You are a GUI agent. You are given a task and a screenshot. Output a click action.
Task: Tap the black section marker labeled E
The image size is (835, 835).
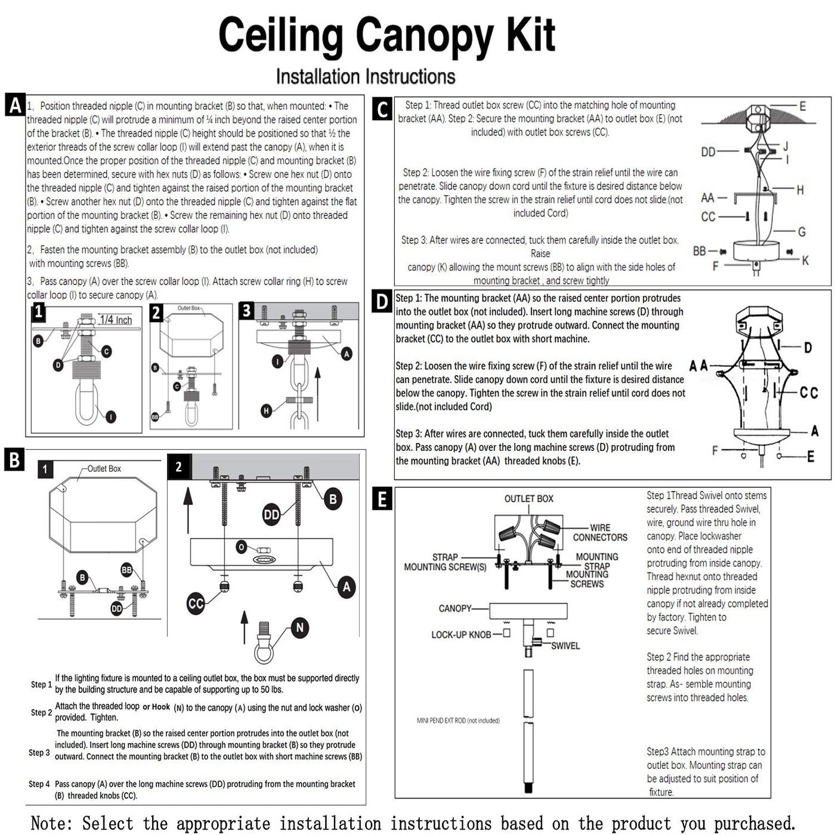pyautogui.click(x=382, y=498)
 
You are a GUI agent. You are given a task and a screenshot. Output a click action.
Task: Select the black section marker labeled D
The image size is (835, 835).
pyautogui.click(x=382, y=301)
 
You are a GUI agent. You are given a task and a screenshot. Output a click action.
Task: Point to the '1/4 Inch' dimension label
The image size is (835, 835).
pyautogui.click(x=116, y=320)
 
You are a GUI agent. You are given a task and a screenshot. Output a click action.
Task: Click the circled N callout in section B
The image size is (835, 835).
pyautogui.click(x=300, y=627)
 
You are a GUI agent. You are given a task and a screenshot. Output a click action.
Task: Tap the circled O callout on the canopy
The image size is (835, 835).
pyautogui.click(x=242, y=546)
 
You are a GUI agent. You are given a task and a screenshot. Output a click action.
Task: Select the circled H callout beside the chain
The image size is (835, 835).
pyautogui.click(x=266, y=410)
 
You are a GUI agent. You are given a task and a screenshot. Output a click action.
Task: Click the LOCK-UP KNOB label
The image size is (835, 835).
pyautogui.click(x=461, y=635)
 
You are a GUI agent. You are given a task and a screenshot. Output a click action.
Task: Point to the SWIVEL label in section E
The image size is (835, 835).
pyautogui.click(x=565, y=646)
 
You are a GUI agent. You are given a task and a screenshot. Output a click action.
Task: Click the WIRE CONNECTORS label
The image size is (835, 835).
pyautogui.click(x=600, y=533)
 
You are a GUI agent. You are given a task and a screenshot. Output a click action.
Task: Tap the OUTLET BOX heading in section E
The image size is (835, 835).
pyautogui.click(x=528, y=499)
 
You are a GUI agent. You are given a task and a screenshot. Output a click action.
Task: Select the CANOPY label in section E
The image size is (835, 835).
pyautogui.click(x=454, y=608)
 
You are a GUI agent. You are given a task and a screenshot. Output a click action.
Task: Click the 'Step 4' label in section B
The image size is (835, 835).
pyautogui.click(x=39, y=784)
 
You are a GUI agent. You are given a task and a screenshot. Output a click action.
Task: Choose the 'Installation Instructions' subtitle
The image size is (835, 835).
pyautogui.click(x=366, y=77)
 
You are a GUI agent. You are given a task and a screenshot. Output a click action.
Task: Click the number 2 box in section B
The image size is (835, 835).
pyautogui.click(x=178, y=467)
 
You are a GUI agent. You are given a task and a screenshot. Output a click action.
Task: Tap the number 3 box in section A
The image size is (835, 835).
pyautogui.click(x=247, y=311)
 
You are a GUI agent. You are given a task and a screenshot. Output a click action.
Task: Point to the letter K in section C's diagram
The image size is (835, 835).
pyautogui.click(x=805, y=260)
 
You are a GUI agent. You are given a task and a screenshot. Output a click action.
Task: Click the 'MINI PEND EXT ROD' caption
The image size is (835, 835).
pyautogui.click(x=458, y=720)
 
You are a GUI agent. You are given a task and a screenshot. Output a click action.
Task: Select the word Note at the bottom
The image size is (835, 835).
pyautogui.click(x=51, y=823)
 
